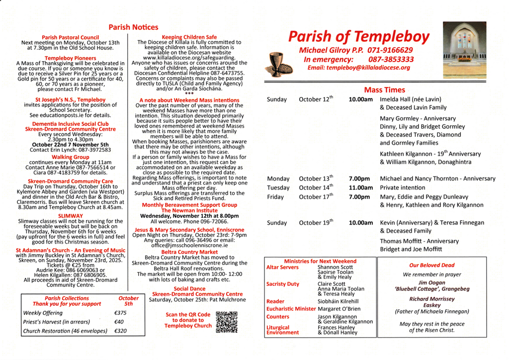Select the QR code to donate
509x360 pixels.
point(227,322)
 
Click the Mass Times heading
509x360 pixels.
point(384,90)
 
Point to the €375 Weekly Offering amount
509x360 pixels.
point(120,313)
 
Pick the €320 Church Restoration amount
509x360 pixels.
point(120,331)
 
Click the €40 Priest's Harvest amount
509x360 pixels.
point(119,322)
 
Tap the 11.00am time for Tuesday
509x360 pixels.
point(360,188)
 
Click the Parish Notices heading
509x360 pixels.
point(133,27)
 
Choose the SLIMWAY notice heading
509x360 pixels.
point(71,216)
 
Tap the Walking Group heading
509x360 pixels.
point(71,157)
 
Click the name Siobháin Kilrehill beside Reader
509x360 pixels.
point(338,301)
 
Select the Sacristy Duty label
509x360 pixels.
point(283,284)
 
